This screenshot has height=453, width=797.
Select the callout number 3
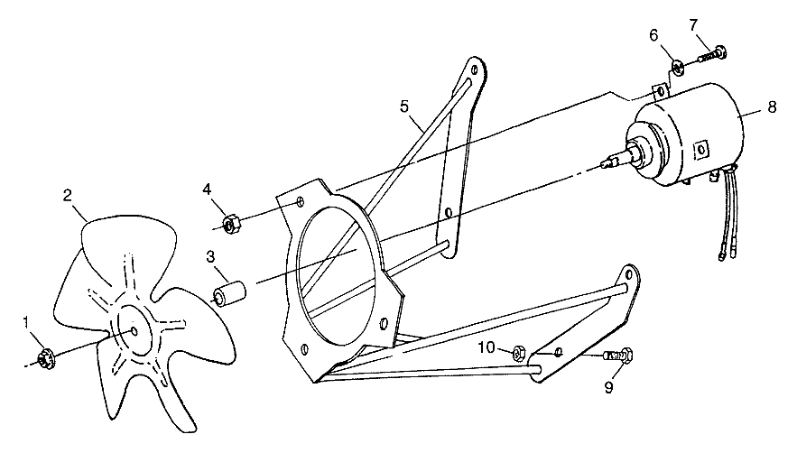(x=209, y=255)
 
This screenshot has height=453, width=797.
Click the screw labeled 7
(x=713, y=54)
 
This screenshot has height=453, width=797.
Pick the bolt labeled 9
(x=617, y=358)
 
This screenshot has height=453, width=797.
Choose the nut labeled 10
(x=518, y=351)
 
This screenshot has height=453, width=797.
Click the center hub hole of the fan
(x=134, y=330)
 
